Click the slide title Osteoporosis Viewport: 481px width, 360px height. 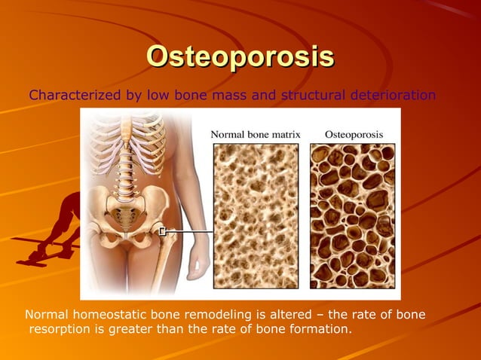240,56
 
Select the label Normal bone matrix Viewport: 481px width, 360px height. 255,134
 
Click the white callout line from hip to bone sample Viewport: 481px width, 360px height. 188,232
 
